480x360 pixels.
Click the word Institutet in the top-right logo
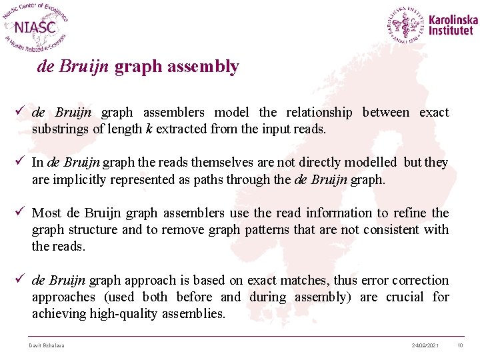(452, 31)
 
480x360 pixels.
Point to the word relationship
(319, 112)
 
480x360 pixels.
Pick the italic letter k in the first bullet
(149, 129)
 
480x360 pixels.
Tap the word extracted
(180, 129)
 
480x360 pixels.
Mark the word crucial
(403, 297)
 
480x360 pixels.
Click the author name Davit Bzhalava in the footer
(47, 345)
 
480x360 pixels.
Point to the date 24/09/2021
(425, 345)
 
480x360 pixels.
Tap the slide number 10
(460, 345)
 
